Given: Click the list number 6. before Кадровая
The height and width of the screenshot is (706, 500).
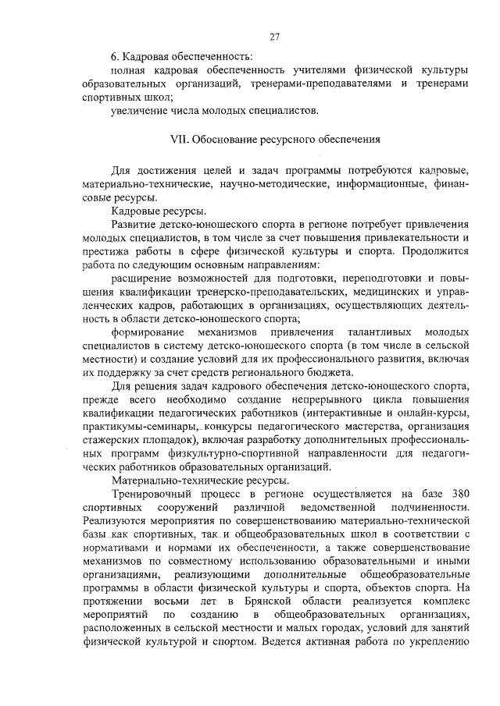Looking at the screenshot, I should click(115, 56).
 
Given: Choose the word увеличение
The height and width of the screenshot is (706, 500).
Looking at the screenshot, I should click(141, 110).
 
